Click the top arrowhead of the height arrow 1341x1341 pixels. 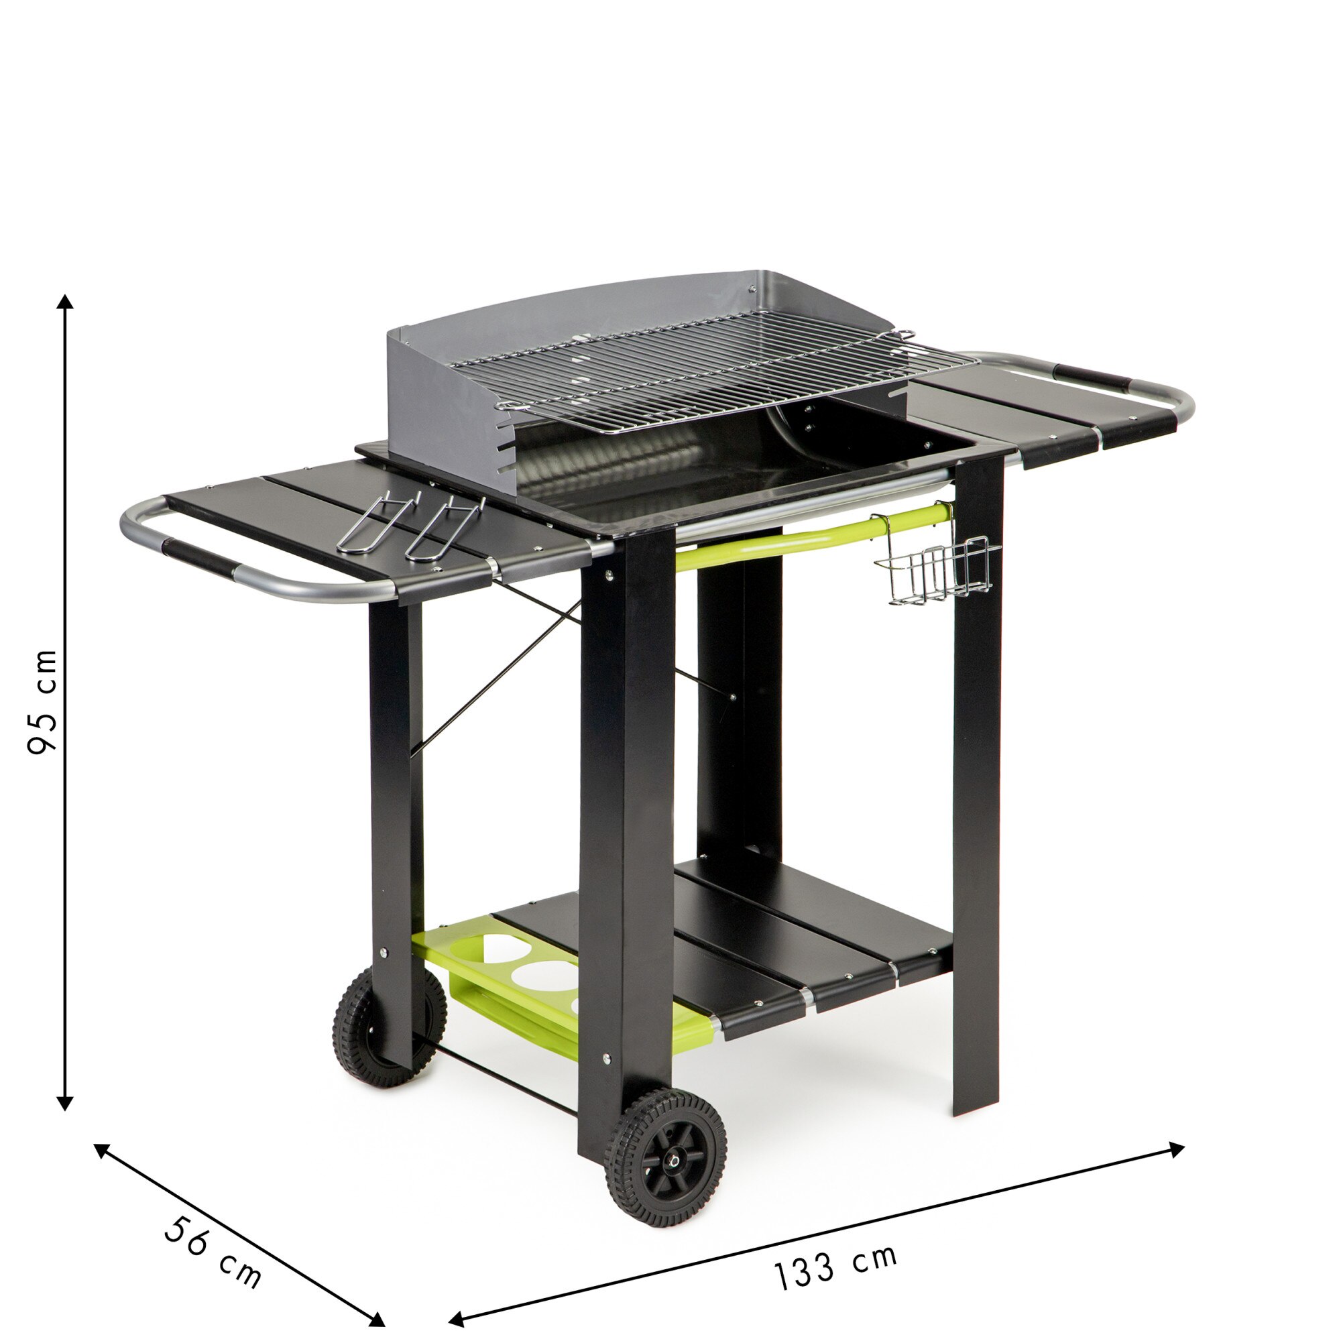click(65, 301)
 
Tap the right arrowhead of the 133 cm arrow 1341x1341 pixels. click(1177, 1148)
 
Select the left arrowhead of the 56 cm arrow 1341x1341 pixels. click(101, 1149)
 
